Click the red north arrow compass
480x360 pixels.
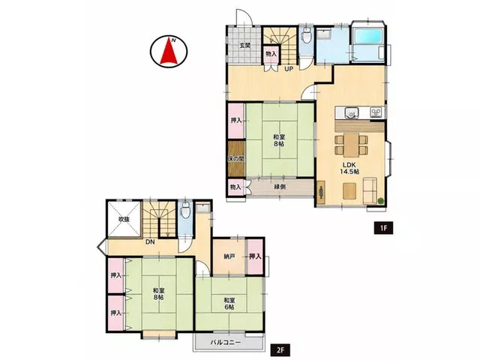click(169, 51)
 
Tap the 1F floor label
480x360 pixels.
click(383, 228)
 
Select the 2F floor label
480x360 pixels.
click(280, 349)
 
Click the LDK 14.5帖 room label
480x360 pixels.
click(349, 168)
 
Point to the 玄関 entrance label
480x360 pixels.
click(245, 46)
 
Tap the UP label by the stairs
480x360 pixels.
click(289, 69)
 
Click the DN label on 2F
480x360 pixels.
click(150, 241)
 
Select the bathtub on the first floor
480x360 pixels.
click(367, 36)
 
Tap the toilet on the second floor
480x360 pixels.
click(185, 211)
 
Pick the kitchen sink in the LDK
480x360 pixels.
click(351, 112)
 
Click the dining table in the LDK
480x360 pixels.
click(352, 145)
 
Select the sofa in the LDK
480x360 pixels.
click(370, 190)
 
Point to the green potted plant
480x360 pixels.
click(380, 201)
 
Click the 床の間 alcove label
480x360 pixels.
click(236, 159)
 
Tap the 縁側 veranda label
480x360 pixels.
click(280, 187)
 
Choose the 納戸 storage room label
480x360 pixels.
click(229, 256)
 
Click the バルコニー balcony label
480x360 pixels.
click(225, 342)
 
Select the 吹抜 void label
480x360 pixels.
click(124, 219)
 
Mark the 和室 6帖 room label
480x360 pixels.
click(229, 303)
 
